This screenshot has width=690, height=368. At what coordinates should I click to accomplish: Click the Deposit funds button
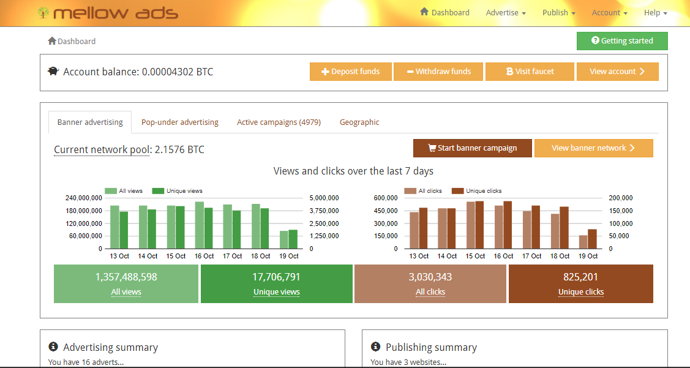[x=350, y=72]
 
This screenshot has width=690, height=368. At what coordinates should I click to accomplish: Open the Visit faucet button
[x=530, y=72]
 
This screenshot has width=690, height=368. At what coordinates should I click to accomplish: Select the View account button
[x=617, y=72]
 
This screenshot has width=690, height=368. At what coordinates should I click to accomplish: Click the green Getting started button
[x=622, y=41]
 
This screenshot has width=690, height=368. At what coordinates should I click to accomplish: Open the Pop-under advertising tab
[x=179, y=122]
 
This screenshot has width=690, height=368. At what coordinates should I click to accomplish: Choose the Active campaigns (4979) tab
[x=279, y=122]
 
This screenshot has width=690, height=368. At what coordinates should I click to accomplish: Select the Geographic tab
[x=359, y=122]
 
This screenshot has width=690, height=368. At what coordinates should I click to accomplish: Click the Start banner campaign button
[x=472, y=148]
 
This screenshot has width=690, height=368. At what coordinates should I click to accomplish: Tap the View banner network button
[x=593, y=148]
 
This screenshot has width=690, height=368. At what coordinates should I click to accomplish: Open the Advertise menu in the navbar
[x=506, y=13]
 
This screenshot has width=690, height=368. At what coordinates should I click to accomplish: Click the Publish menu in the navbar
[x=558, y=13]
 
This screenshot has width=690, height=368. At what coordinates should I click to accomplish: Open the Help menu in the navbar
[x=655, y=13]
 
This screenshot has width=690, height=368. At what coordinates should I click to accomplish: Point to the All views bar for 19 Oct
[x=284, y=240]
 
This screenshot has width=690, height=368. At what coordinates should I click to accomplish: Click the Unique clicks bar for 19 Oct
[x=592, y=239]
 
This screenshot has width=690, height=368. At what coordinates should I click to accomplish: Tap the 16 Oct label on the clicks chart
[x=503, y=256]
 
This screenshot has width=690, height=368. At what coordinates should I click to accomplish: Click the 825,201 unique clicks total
[x=580, y=277]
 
